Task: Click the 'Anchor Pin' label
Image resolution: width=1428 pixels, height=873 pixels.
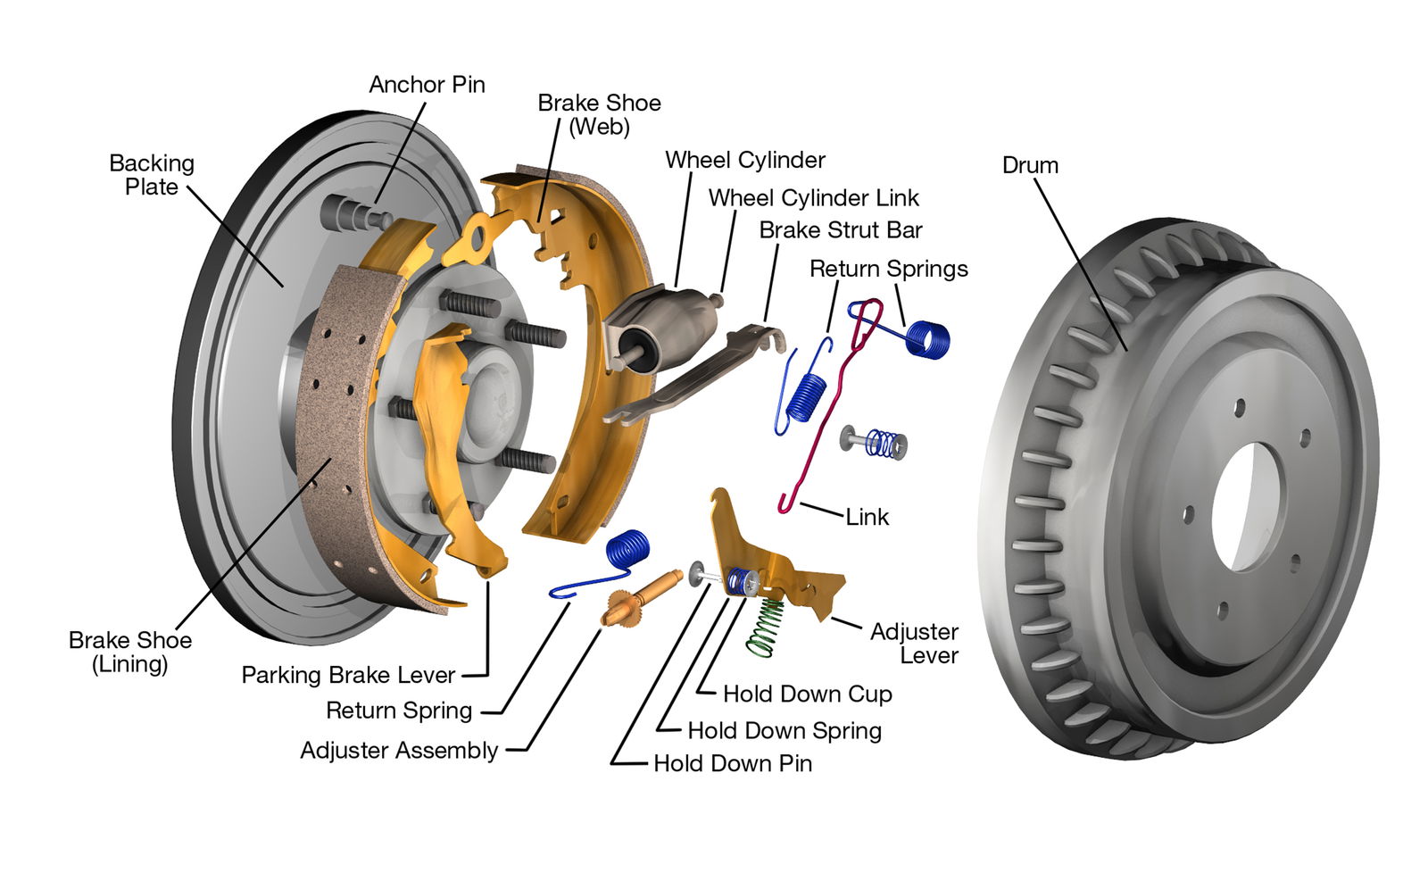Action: [427, 85]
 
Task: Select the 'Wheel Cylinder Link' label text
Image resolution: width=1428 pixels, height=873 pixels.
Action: [813, 197]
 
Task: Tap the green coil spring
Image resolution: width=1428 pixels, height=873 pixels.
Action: [767, 626]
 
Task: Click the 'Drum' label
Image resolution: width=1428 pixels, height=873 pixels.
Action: [1030, 165]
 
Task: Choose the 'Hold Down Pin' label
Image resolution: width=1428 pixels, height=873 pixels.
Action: [733, 763]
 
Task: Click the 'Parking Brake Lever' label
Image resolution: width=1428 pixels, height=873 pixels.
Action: [348, 675]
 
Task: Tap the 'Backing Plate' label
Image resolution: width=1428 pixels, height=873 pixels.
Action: [152, 175]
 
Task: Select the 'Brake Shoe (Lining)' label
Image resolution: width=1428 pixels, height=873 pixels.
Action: [130, 652]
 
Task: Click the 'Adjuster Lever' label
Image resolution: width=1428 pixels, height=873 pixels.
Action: [915, 643]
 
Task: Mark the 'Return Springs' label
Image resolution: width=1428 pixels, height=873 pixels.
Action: [888, 269]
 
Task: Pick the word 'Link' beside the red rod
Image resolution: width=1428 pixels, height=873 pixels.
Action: [867, 517]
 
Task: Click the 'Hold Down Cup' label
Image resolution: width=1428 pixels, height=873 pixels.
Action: [807, 694]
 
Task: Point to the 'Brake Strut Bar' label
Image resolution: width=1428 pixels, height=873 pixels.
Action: [840, 230]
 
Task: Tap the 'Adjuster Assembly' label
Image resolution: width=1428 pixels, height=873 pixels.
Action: [399, 750]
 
